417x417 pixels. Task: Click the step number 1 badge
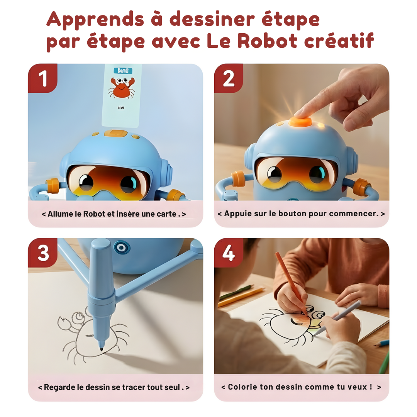(42, 79)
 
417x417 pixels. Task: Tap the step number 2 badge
(229, 79)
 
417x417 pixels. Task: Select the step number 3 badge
(42, 253)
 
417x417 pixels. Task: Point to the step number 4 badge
(229, 253)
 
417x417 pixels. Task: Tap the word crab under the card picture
(120, 108)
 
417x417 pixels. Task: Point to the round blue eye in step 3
(122, 247)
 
